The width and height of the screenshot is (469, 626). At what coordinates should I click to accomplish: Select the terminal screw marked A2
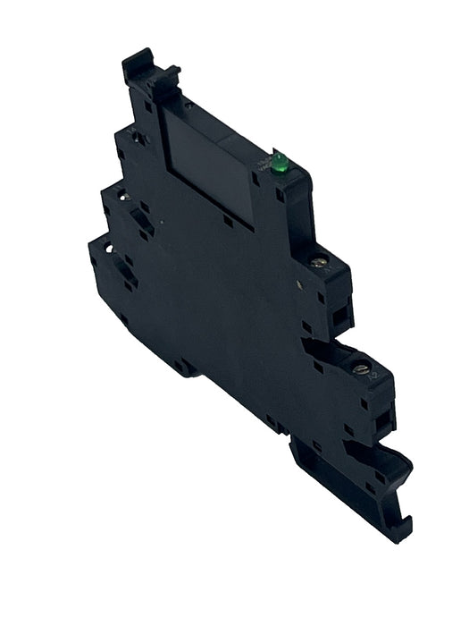pos(360,368)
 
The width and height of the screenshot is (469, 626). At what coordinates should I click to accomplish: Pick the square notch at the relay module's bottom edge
pos(228,219)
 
